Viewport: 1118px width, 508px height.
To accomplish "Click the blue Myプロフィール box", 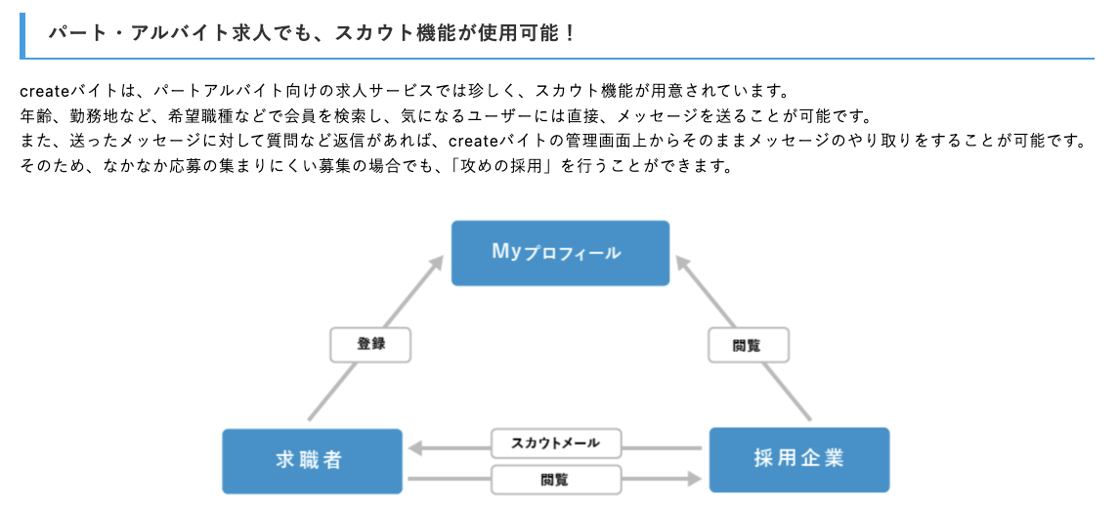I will pos(560,253).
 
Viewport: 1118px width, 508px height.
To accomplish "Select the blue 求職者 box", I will pos(312,459).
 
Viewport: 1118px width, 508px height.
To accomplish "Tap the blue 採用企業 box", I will pos(798,459).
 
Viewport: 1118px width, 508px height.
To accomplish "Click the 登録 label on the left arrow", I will pos(370,345).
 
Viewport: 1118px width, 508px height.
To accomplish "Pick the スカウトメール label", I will pos(556,444).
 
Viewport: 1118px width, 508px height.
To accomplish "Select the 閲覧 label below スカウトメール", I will pos(556,480).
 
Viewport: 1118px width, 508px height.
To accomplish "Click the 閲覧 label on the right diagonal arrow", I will pos(748,345).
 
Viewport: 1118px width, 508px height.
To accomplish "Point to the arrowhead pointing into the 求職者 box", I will pos(415,447).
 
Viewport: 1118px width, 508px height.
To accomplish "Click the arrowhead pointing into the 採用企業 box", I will pos(695,479).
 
